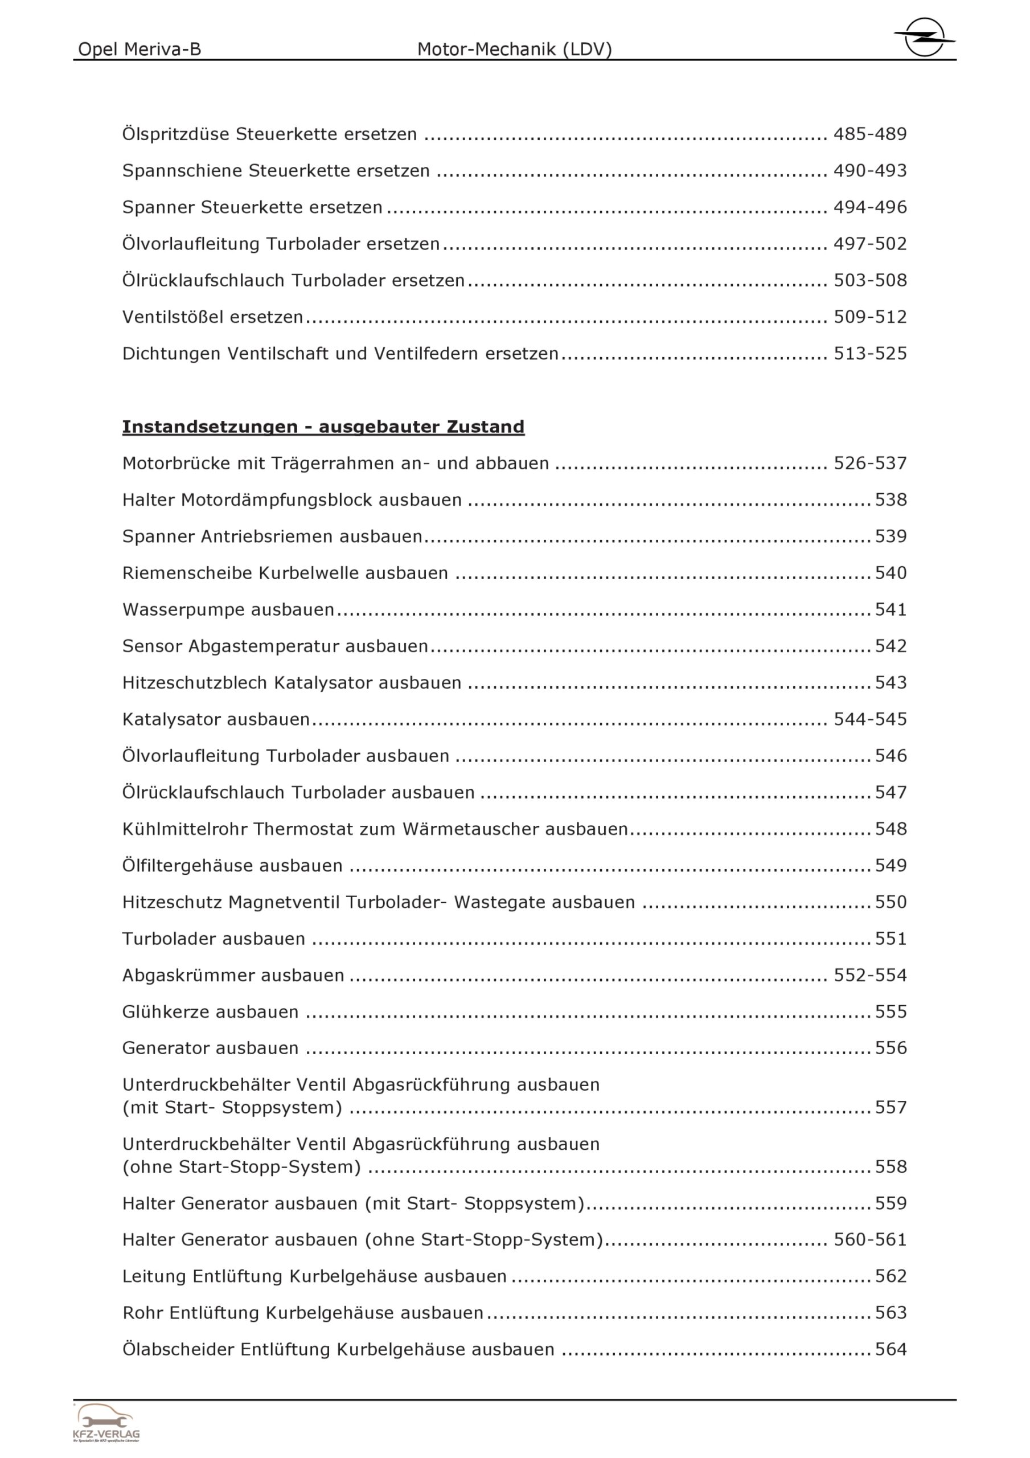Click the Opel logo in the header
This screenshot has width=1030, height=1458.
coord(924,38)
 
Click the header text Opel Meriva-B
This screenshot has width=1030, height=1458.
coord(139,49)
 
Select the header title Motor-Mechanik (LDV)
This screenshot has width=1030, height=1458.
coord(514,49)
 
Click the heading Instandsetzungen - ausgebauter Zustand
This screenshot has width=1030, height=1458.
coord(323,427)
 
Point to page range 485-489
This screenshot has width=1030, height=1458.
coord(870,134)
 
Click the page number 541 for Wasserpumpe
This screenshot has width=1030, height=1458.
coord(891,609)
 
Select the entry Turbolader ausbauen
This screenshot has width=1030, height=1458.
coord(214,939)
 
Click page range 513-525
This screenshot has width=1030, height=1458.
coord(870,354)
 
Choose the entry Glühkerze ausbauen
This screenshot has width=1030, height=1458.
coord(210,1011)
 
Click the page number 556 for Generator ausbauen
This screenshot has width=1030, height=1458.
coord(891,1048)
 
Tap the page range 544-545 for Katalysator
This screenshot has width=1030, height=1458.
coord(870,719)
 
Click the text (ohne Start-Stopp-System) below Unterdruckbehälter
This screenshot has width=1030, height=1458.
coord(241,1166)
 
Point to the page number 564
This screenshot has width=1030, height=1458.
coord(891,1349)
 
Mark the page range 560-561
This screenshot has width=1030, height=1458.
coord(870,1239)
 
